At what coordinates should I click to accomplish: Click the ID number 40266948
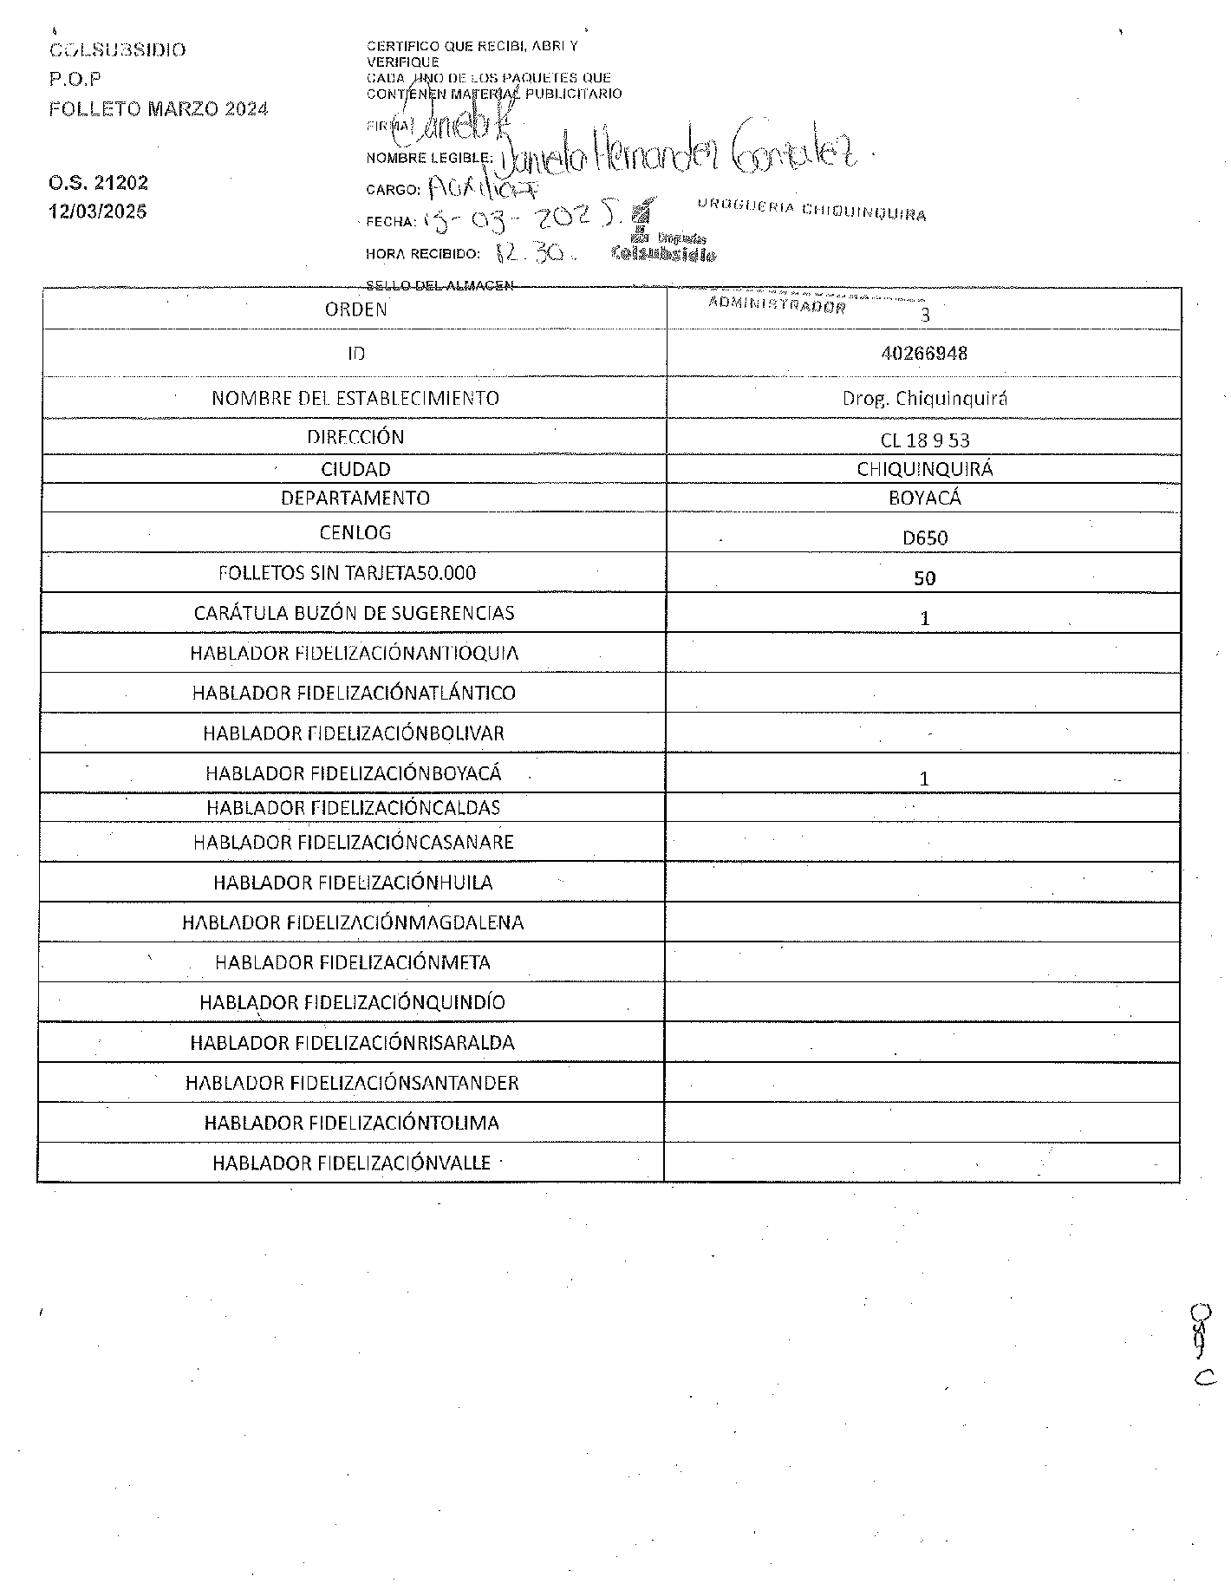tap(923, 354)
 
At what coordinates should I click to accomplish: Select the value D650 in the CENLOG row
tap(925, 538)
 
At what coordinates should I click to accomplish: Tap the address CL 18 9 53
tap(924, 440)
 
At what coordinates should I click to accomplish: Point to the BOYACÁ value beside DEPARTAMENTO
tap(925, 499)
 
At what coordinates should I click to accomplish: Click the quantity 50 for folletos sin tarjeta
tap(924, 578)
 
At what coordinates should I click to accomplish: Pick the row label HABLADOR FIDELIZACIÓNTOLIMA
tap(352, 1124)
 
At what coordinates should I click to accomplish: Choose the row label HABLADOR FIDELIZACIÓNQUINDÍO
tap(352, 1003)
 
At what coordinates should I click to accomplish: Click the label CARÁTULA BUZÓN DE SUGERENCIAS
tap(354, 614)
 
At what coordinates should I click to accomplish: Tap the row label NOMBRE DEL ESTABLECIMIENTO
tap(355, 399)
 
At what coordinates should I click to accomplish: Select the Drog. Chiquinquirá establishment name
tap(924, 399)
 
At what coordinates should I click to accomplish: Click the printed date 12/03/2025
tap(98, 212)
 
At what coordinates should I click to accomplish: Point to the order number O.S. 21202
tap(98, 183)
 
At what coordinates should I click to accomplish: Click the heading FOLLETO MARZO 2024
tap(159, 109)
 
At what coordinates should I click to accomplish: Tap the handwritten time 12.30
tap(530, 253)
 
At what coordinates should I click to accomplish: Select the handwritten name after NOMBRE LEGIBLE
tap(676, 153)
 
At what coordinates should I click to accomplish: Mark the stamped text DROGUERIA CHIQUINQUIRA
tap(811, 210)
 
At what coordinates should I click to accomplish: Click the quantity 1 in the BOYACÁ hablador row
tap(924, 779)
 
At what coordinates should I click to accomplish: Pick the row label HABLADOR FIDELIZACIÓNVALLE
tap(352, 1163)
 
